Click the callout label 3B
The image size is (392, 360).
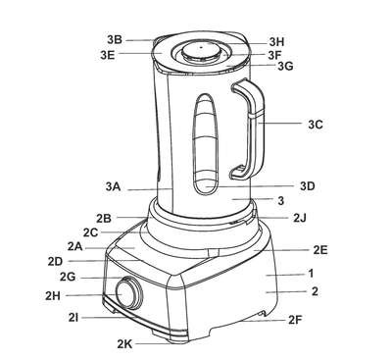tap(115, 39)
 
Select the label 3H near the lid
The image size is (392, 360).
tap(276, 42)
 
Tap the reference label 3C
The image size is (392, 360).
tap(316, 125)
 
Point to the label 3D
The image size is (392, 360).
tap(308, 186)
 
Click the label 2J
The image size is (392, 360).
tap(300, 218)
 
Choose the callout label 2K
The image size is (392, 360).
tap(124, 344)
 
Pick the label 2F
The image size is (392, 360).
tap(295, 320)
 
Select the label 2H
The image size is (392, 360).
tap(53, 295)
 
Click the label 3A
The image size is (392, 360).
tap(113, 187)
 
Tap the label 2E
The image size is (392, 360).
tap(320, 250)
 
